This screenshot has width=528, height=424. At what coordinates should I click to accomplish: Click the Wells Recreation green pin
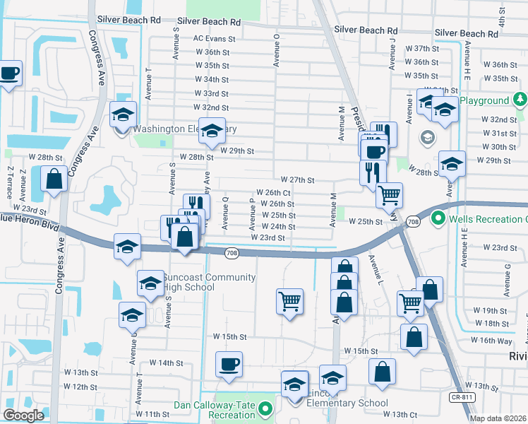[436, 219]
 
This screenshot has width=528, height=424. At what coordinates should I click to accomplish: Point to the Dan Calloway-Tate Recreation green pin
[265, 409]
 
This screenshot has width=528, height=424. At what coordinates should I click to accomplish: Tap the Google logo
[23, 416]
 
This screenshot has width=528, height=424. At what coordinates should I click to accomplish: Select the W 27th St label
[296, 180]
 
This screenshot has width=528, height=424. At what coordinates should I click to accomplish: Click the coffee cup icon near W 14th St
[229, 365]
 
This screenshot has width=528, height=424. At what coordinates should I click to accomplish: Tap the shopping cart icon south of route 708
[290, 302]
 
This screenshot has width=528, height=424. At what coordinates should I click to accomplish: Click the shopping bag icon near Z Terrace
[54, 179]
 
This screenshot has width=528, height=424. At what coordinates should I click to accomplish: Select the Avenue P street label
[251, 213]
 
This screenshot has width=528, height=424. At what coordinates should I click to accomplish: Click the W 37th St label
[423, 48]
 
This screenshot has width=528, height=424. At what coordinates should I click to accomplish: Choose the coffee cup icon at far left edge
[9, 73]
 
